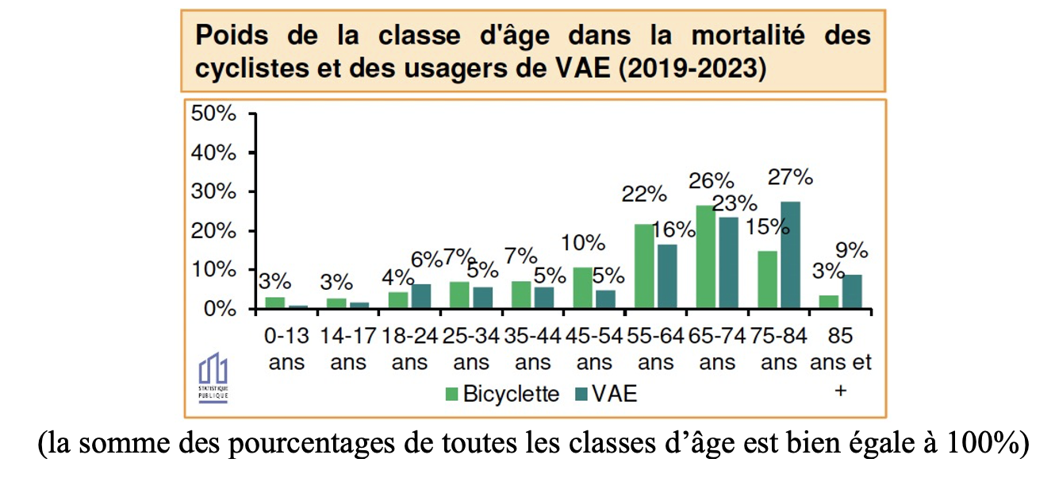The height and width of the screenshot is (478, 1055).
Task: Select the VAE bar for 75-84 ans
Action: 790,255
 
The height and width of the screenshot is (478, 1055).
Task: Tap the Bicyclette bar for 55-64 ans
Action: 645,266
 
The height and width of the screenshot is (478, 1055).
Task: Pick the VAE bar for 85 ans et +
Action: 852,291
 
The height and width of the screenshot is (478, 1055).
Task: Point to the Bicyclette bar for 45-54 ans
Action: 583,287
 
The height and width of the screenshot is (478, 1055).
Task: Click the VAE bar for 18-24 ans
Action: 420,296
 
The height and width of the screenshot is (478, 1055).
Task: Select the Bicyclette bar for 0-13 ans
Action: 274,303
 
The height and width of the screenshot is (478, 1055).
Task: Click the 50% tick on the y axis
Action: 214,114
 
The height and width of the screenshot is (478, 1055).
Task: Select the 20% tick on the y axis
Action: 214,231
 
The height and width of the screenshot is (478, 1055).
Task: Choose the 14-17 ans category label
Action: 348,349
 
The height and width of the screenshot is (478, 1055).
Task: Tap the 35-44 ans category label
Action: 532,349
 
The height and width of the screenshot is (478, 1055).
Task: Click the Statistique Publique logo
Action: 213,377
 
